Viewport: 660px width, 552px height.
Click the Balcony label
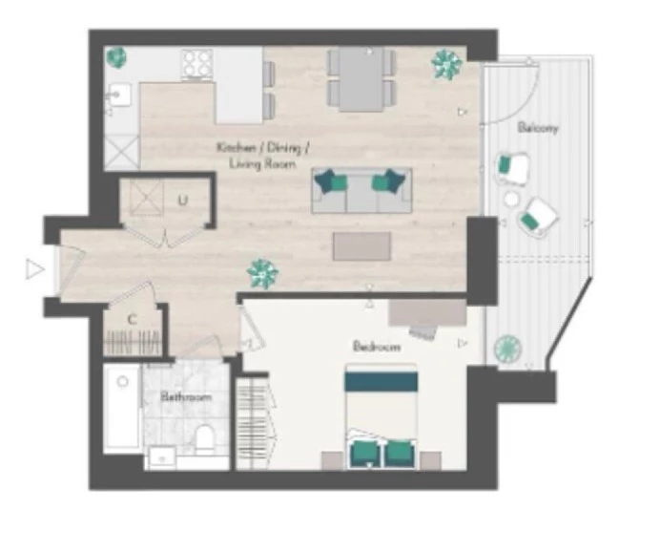[x=538, y=127]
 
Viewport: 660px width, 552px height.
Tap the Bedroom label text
[x=377, y=347]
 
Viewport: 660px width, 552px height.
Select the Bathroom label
[x=186, y=397]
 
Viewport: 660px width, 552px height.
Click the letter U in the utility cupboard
[x=182, y=201]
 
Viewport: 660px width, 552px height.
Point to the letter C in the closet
[x=133, y=320]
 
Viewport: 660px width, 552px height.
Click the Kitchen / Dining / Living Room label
[x=263, y=156]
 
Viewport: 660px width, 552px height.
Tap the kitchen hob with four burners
[x=196, y=65]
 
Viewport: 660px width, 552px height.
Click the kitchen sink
[x=120, y=96]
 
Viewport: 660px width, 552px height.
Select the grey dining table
[x=361, y=79]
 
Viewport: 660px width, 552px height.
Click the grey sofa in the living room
[x=361, y=190]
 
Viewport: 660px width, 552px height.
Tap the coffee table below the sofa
[x=362, y=246]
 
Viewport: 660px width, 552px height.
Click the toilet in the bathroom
[x=205, y=439]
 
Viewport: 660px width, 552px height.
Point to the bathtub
[x=122, y=408]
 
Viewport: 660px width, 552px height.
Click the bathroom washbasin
[x=162, y=458]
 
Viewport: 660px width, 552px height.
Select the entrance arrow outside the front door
[x=34, y=269]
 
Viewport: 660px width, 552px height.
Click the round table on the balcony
[x=512, y=199]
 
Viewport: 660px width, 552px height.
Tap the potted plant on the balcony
[x=508, y=349]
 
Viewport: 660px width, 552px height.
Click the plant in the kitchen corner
[x=115, y=58]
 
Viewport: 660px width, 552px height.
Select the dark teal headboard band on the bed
[x=381, y=381]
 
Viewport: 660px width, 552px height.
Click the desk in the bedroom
[x=427, y=312]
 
